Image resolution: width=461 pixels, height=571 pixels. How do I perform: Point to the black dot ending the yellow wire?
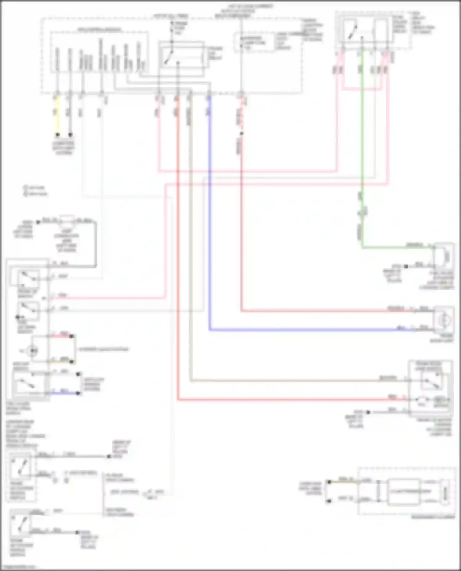tap(57, 135)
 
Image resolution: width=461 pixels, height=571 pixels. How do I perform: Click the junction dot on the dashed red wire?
tap(241, 133)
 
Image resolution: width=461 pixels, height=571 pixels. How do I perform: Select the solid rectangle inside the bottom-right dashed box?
tap(404, 492)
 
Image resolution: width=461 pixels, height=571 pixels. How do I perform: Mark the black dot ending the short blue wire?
tap(78, 393)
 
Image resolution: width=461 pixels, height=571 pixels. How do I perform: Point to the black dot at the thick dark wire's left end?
tap(38, 222)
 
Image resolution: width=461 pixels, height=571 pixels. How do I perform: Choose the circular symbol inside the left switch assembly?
tap(32, 350)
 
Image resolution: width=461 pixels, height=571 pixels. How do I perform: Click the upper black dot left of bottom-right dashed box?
tap(329, 482)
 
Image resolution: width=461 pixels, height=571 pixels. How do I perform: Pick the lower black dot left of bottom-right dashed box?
tap(329, 501)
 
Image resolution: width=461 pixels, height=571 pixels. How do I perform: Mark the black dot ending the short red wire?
tap(72, 336)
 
